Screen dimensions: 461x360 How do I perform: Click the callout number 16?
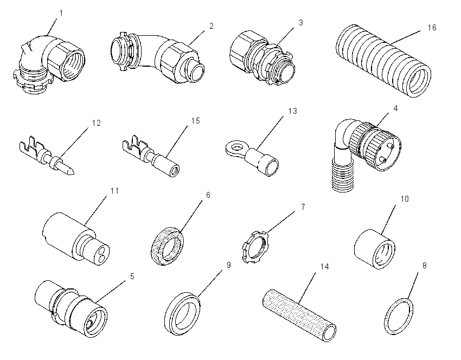coord(432,28)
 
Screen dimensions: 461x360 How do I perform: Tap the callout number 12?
coord(96,123)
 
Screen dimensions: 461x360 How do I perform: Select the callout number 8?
coord(424,266)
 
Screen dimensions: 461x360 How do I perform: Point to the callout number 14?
coord(324,267)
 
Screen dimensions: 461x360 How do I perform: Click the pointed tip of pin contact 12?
coord(72,172)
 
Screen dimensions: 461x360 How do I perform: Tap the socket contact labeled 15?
coord(150,156)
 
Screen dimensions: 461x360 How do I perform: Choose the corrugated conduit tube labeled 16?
coord(383,61)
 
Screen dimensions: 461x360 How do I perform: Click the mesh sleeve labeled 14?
coord(299,315)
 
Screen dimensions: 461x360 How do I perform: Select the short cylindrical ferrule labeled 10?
coord(375,249)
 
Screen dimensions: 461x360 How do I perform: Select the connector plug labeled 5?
coord(71,308)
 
